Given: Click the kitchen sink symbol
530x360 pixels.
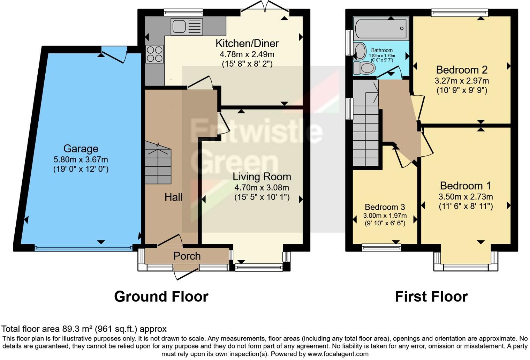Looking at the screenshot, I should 187,27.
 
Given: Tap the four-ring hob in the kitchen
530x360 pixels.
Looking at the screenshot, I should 155,54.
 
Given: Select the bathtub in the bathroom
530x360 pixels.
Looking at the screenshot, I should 381,28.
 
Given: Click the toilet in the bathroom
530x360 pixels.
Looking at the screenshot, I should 364,68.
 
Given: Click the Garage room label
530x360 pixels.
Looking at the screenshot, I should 81,149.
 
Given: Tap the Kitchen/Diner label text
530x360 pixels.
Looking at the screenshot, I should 247,44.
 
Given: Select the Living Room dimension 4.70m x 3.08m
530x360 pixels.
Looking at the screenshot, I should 262,187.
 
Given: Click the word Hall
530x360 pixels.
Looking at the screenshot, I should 173,197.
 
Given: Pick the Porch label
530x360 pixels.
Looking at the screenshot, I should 187,256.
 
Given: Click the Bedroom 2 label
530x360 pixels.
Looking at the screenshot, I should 462,70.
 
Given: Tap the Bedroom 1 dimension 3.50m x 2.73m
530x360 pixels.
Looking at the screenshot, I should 465,196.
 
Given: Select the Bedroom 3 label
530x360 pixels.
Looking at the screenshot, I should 385,207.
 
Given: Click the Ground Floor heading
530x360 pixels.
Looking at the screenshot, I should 161,297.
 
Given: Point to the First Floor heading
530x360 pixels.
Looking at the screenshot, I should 431,297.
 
